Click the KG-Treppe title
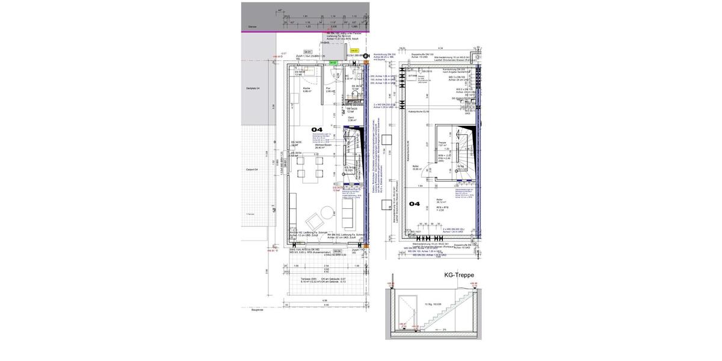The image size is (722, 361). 459,275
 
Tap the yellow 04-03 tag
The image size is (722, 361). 354,51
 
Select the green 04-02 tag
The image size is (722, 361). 333,63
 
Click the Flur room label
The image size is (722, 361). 329,90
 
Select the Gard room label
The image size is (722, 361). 350,119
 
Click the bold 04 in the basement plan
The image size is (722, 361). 415,204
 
